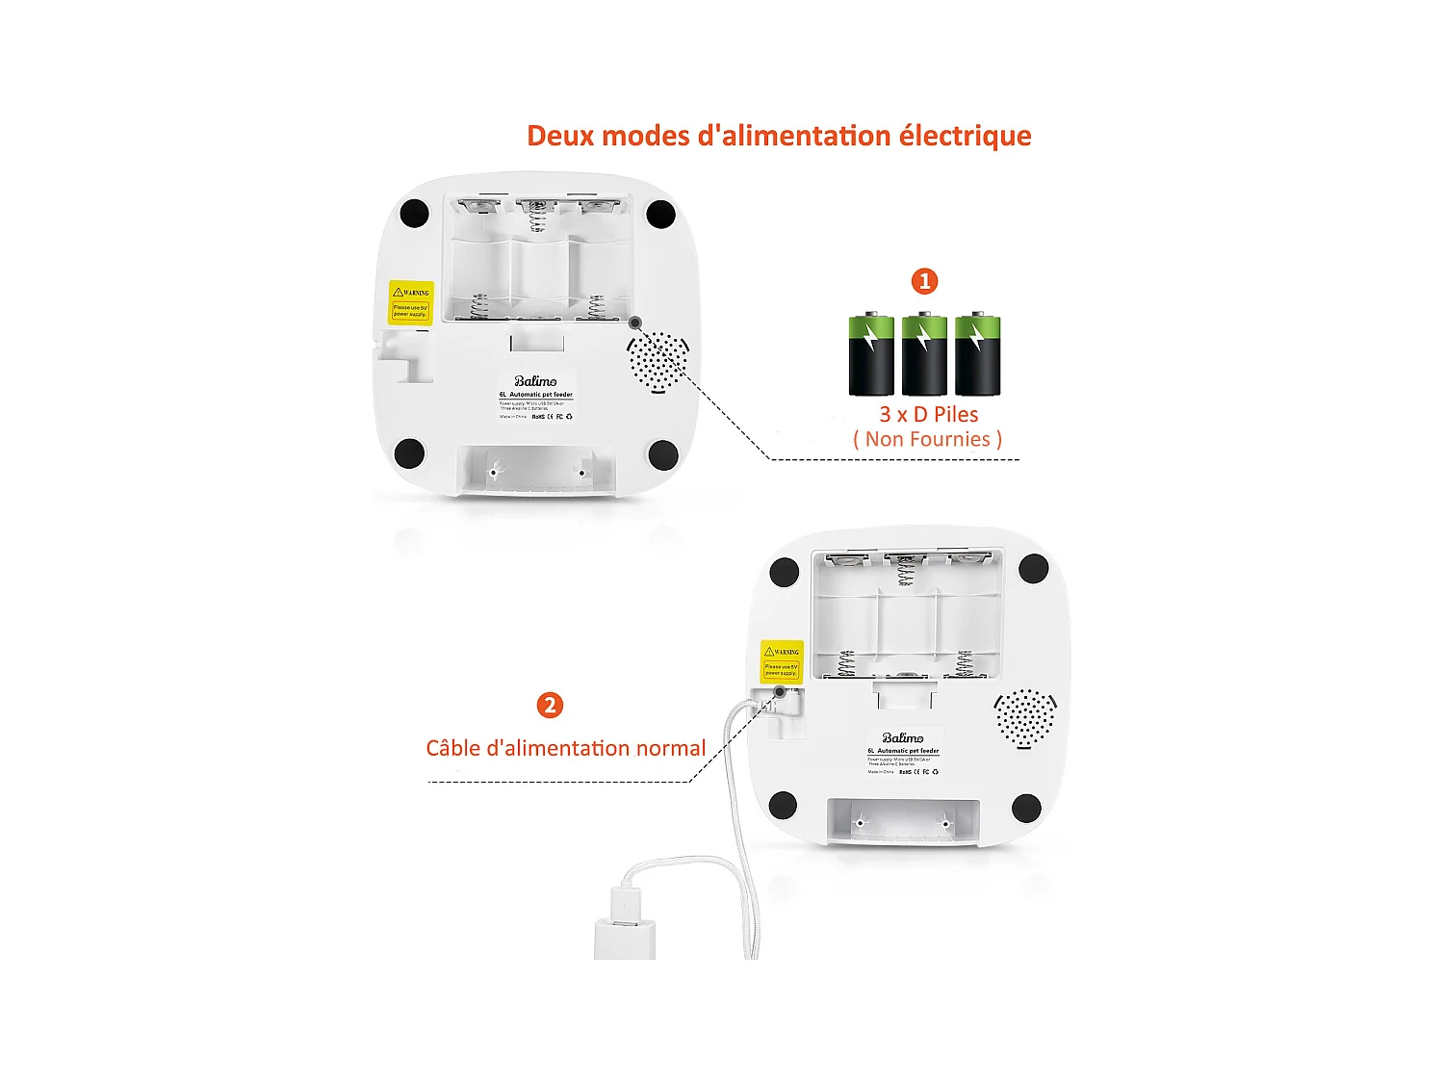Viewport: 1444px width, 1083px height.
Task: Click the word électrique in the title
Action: [x=965, y=136]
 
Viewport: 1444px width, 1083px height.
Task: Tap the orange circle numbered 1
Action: [x=924, y=281]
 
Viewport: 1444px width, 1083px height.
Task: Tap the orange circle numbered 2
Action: [x=550, y=706]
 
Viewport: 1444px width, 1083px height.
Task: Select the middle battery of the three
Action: [x=924, y=353]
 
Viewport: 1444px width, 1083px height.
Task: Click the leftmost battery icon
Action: [x=871, y=353]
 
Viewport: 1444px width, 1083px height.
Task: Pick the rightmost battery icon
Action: [x=977, y=353]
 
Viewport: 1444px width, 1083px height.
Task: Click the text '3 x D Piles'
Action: [x=928, y=414]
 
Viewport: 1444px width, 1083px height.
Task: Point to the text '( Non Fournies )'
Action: [x=927, y=440]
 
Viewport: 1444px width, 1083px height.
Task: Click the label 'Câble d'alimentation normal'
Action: [x=565, y=748]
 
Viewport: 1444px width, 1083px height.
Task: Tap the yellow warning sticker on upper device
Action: [x=411, y=302]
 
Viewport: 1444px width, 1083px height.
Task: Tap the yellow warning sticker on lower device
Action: [x=782, y=661]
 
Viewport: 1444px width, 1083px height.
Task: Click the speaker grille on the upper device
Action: [x=658, y=361]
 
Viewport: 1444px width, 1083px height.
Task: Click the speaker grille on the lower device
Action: [x=1025, y=718]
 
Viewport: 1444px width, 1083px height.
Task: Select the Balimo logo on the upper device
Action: [x=535, y=381]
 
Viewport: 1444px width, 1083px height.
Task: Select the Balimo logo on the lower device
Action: [x=903, y=738]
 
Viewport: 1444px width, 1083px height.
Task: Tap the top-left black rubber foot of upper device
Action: [x=414, y=213]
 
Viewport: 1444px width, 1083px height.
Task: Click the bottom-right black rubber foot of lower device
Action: [x=1027, y=807]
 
